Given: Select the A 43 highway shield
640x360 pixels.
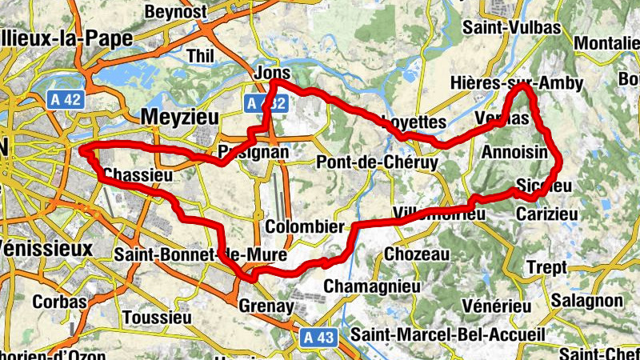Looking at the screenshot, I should click(x=319, y=338).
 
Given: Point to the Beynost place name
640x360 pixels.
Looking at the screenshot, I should click(x=175, y=11).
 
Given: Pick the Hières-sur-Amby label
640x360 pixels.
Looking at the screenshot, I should click(x=516, y=83).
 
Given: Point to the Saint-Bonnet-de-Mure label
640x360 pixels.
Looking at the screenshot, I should click(x=190, y=255).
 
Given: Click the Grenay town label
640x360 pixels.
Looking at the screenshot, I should click(x=266, y=305).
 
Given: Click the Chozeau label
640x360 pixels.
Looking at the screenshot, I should click(x=417, y=254).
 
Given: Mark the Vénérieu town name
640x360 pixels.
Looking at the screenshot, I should click(x=497, y=306).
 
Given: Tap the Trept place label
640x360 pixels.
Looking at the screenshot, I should click(x=547, y=266).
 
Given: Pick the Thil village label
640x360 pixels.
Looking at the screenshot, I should click(x=199, y=55).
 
